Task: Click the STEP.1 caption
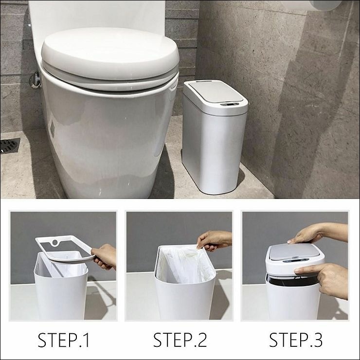click(x=63, y=340)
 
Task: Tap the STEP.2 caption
click(x=180, y=340)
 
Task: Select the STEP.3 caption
click(x=296, y=340)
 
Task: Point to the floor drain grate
click(x=10, y=145)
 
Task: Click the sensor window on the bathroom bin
click(x=230, y=105)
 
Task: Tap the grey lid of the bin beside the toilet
click(x=216, y=90)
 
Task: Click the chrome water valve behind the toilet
click(x=35, y=80)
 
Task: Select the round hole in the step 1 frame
click(x=55, y=243)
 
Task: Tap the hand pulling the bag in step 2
click(x=214, y=241)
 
